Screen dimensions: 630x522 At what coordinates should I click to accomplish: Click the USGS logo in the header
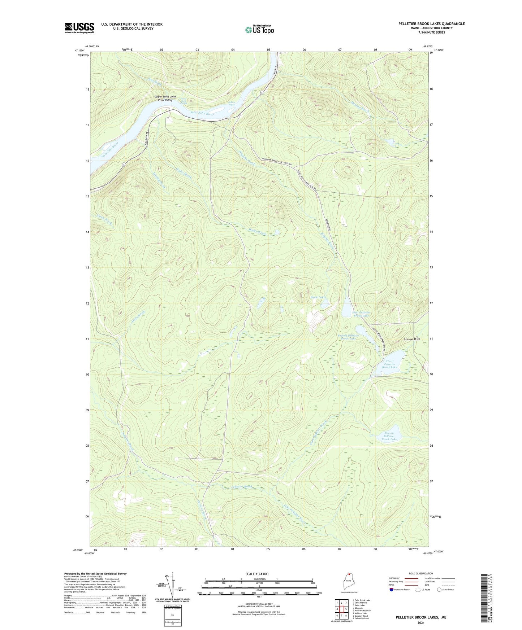(x=79, y=28)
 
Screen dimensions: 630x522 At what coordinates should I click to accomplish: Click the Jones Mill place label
(x=411, y=339)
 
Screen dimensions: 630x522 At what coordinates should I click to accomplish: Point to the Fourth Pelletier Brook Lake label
(x=389, y=436)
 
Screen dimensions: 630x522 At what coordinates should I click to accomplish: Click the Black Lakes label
(x=318, y=297)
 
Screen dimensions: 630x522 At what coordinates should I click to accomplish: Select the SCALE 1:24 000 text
(x=259, y=574)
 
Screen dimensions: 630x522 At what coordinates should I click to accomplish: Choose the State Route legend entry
(x=445, y=590)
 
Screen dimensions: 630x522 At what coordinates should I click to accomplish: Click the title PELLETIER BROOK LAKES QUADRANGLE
(x=431, y=24)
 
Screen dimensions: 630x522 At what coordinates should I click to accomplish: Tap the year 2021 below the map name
(x=420, y=623)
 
